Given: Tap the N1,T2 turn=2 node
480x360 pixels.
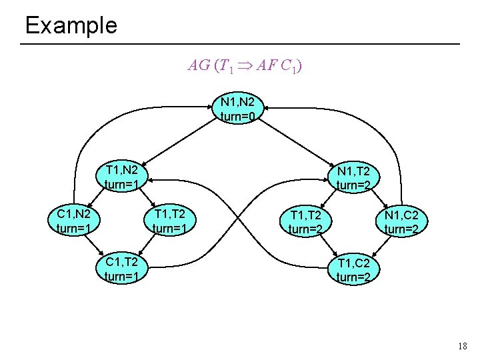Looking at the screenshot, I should (x=357, y=177).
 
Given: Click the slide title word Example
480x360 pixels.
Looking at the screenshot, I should (x=71, y=25).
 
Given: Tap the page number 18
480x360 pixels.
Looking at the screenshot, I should (x=463, y=346).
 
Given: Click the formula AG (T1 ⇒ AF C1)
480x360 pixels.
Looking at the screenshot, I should (x=247, y=65).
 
